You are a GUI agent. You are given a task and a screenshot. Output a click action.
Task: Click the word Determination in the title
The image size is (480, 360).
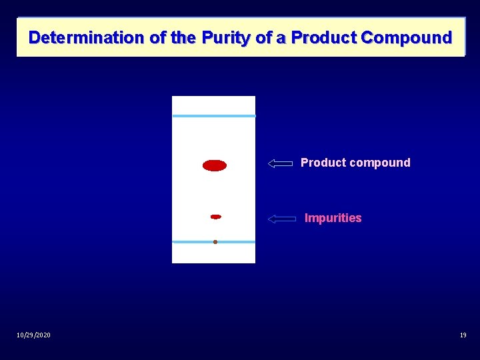(87, 37)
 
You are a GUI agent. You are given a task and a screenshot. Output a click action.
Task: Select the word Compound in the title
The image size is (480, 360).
(406, 37)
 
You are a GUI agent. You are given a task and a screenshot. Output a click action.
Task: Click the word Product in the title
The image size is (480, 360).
(324, 37)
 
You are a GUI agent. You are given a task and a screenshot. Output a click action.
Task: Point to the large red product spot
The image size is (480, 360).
(215, 165)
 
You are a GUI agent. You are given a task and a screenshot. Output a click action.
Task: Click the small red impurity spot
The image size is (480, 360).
(215, 217)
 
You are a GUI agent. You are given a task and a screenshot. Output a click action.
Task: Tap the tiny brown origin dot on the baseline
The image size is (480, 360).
(215, 242)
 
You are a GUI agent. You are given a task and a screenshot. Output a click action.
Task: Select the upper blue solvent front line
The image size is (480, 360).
(214, 116)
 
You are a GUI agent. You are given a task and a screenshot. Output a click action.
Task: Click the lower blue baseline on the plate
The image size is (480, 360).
(193, 242)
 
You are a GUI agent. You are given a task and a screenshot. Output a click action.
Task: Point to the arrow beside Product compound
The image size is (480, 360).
(281, 163)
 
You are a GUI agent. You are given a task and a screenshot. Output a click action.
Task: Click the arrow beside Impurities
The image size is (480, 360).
(281, 219)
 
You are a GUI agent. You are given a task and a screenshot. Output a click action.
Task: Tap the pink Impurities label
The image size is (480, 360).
(333, 218)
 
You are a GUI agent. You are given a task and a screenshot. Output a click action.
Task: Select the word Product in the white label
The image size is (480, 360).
(323, 163)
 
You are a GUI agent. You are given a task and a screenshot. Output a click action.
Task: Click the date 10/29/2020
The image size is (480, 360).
(33, 335)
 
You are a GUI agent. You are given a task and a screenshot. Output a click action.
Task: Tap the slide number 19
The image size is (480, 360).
(463, 335)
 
